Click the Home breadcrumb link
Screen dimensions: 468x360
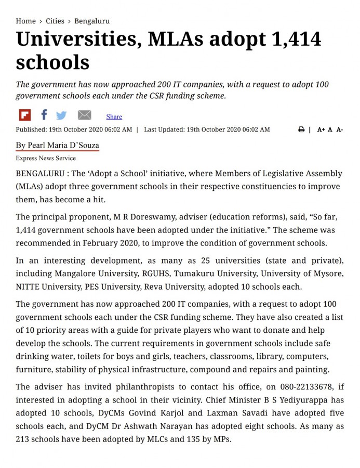coord(25,21)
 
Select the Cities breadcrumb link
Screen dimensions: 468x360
coord(55,21)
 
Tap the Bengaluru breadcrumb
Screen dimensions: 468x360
coord(92,21)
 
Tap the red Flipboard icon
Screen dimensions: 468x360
coord(24,115)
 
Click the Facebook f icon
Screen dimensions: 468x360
coord(44,115)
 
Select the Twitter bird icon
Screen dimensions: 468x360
coord(61,115)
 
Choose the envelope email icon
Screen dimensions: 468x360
coord(84,115)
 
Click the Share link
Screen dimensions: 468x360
coord(114,117)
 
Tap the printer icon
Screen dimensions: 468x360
coord(301,129)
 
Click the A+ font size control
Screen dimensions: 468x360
coord(321,129)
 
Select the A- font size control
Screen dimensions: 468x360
coord(339,129)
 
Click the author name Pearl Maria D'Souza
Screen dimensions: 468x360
coord(57,145)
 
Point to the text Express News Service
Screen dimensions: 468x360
coord(46,158)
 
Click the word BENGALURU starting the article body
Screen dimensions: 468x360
coord(40,174)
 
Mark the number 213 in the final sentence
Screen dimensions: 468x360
coord(24,439)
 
